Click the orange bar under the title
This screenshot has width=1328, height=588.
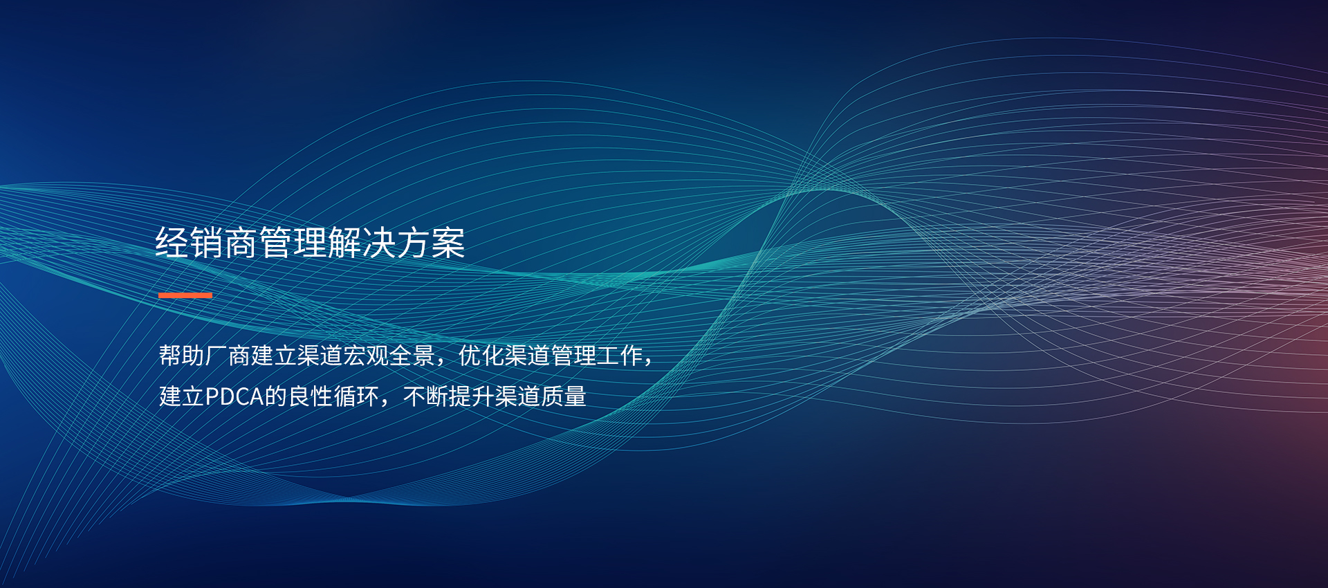[185, 295]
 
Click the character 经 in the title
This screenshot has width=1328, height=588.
[172, 243]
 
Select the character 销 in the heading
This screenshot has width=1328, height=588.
[207, 243]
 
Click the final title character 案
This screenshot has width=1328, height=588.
[449, 243]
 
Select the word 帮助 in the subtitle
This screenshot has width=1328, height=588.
[182, 356]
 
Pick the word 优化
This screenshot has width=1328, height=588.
[481, 356]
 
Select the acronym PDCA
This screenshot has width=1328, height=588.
[234, 396]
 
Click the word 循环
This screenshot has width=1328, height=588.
[357, 396]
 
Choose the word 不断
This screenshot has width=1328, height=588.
[425, 396]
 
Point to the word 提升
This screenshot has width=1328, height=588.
[472, 396]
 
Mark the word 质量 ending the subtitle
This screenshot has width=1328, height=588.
[564, 396]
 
